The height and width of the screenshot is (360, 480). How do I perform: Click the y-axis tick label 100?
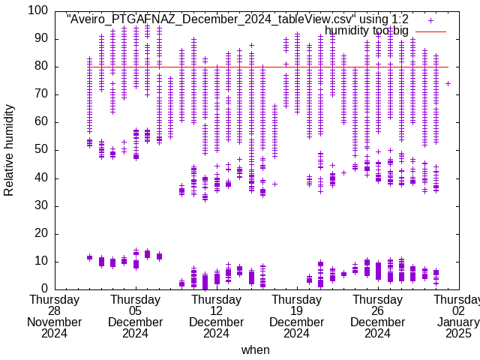click(x=38, y=11)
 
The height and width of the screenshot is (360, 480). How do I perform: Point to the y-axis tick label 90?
click(x=41, y=39)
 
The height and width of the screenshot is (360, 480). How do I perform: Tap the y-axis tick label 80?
click(x=41, y=67)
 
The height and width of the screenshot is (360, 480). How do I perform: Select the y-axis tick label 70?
click(x=41, y=94)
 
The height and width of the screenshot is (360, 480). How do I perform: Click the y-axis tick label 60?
click(x=41, y=122)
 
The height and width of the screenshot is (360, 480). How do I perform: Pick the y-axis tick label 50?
click(x=41, y=150)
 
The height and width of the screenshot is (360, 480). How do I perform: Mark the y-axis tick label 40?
click(x=41, y=178)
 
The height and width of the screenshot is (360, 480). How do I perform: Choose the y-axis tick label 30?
click(x=41, y=205)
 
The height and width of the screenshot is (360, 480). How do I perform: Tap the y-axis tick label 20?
click(x=41, y=233)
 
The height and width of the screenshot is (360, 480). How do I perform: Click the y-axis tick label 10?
click(x=41, y=261)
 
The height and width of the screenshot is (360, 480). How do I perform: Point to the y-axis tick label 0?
click(x=44, y=289)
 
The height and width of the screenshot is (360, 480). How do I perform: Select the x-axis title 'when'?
click(x=255, y=349)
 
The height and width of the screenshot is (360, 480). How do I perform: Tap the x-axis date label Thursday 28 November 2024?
click(x=55, y=316)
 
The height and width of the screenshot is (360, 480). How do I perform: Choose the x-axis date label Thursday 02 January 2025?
click(x=458, y=316)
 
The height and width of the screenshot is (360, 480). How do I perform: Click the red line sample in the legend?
click(x=430, y=31)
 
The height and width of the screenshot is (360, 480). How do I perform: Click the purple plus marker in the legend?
click(x=430, y=20)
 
